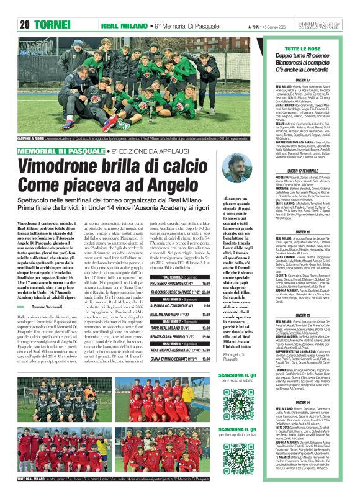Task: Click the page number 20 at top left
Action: (x=25, y=25)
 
